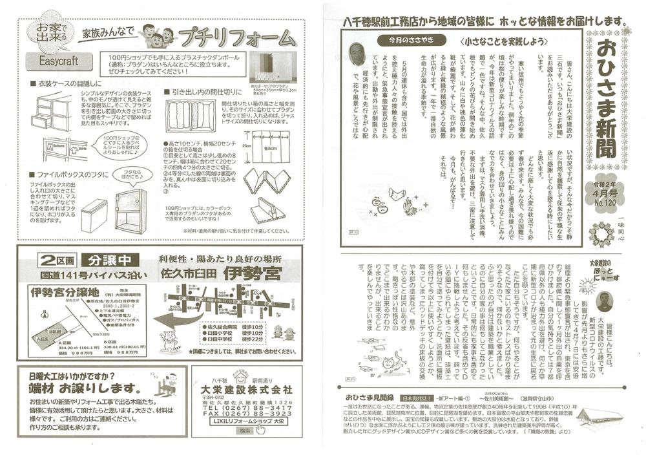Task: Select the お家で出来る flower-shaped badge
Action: [52, 30]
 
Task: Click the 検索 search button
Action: [244, 431]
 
